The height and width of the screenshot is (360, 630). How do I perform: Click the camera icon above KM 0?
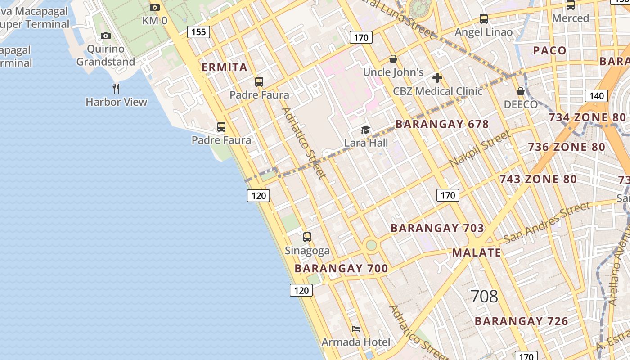pos(155,7)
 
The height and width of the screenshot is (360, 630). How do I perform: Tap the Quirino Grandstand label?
pos(106,55)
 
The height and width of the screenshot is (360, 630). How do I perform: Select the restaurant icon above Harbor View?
pos(116,88)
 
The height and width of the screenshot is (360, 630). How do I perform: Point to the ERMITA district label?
pos(225,67)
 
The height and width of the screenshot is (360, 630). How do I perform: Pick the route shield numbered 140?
pos(596,95)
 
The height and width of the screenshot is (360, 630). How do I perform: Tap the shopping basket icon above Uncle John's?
pos(393,59)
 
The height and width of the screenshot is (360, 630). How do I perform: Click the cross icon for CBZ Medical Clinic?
pos(437,78)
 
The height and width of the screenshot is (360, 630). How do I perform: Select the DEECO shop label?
pos(521,104)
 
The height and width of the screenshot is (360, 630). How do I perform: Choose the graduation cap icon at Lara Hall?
pos(365,130)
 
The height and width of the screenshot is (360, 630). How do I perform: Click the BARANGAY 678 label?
pos(442,124)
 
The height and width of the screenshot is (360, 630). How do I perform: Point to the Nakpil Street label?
pos(480,148)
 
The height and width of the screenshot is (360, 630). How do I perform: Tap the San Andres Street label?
pos(547,222)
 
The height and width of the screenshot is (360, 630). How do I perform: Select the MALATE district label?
pos(477,252)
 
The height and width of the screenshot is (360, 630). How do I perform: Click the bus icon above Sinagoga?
pos(307,237)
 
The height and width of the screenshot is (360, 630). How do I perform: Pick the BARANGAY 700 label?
pos(341,269)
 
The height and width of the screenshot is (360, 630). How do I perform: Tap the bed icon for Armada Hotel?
pos(356,329)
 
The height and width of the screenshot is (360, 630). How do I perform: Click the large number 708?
pos(484,296)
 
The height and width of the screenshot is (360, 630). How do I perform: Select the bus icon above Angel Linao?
pos(484,19)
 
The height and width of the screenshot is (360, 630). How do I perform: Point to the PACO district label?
pos(549,50)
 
